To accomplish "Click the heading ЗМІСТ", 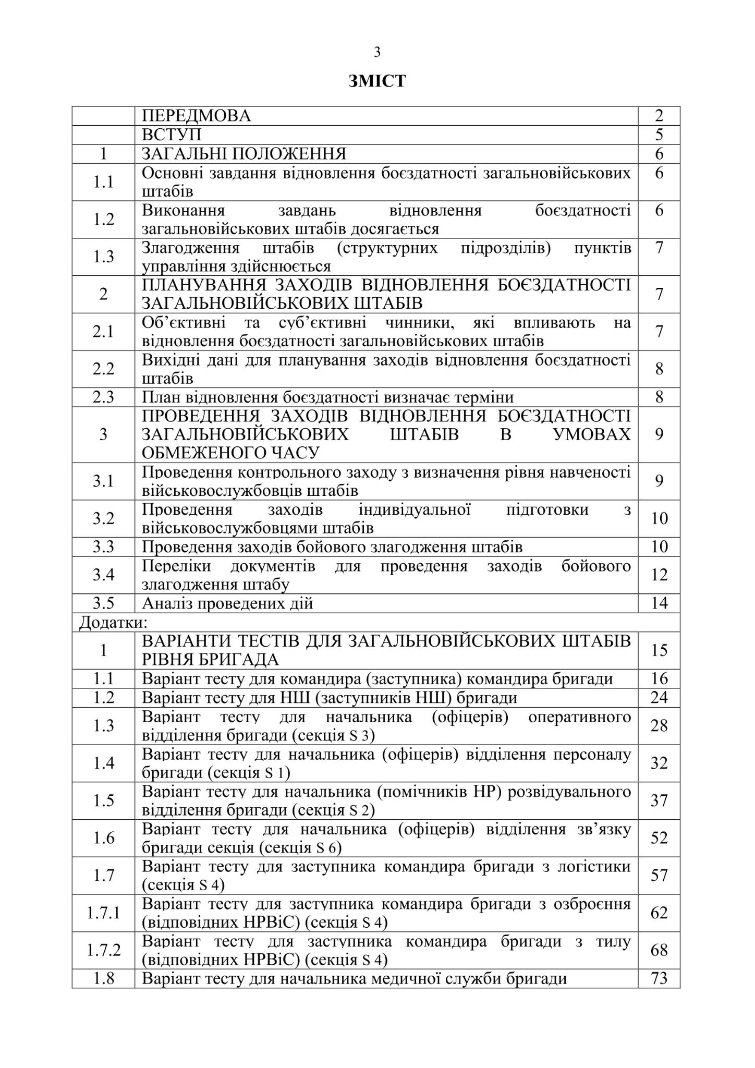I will coord(377,82).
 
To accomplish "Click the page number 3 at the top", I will coord(377,53).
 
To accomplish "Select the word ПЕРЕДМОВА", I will coord(196,116).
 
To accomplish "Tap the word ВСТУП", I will coord(172,135).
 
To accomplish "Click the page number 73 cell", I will coord(659,979).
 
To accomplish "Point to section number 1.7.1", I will coord(103,913).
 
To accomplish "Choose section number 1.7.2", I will coord(103,951).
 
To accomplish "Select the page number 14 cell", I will coord(659,603).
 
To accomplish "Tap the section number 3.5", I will coord(103,603).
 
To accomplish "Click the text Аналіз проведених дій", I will coord(227,603).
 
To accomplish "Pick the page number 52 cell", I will coord(659,838).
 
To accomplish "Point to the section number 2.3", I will coord(103,397).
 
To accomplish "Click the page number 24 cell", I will coord(659,698).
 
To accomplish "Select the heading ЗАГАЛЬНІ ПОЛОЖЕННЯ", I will coord(244,154).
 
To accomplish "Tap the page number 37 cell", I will coord(659,800).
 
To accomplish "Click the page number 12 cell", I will coord(659,575).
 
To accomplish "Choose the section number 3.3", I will coord(103,547).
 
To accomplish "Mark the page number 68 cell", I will coord(659,951).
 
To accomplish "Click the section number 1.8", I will coord(103,979).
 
